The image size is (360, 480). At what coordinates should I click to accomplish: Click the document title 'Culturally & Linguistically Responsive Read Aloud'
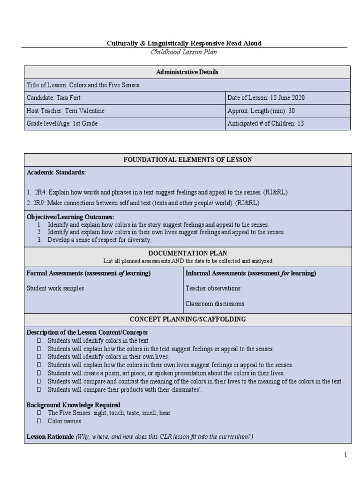pyautogui.click(x=184, y=43)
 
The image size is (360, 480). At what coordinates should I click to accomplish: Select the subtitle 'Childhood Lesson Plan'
pyautogui.click(x=184, y=52)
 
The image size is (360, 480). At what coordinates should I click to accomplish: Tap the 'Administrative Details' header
pyautogui.click(x=187, y=72)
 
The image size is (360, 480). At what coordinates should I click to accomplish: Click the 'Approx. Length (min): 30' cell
pyautogui.click(x=261, y=111)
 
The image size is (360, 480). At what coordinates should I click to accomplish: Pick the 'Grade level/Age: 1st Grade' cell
pyautogui.click(x=62, y=124)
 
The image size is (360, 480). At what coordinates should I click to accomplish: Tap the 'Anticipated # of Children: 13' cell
pyautogui.click(x=266, y=124)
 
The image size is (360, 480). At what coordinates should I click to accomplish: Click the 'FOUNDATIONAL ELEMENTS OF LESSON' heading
pyautogui.click(x=187, y=160)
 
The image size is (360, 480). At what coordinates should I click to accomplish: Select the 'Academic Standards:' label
pyautogui.click(x=56, y=172)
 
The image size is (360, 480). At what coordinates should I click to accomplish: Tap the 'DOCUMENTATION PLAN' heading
pyautogui.click(x=187, y=253)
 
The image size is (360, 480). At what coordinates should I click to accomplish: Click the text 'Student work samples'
pyautogui.click(x=55, y=288)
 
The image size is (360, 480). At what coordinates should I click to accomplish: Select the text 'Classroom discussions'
pyautogui.click(x=215, y=303)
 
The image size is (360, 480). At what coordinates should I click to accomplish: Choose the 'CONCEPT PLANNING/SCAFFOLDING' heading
pyautogui.click(x=187, y=319)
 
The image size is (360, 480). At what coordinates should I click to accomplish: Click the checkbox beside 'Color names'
pyautogui.click(x=39, y=421)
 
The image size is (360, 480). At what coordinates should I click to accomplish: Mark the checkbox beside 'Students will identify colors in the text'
pyautogui.click(x=39, y=341)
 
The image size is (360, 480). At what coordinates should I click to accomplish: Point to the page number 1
pyautogui.click(x=345, y=454)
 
